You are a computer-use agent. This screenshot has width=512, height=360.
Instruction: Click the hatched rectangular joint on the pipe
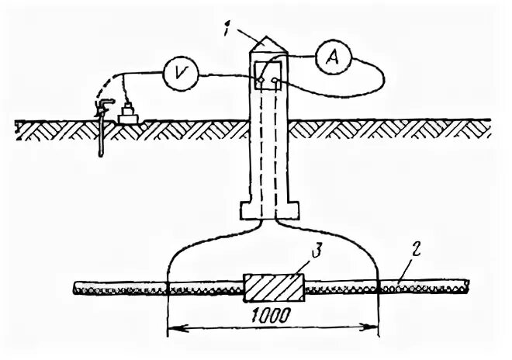(x=274, y=288)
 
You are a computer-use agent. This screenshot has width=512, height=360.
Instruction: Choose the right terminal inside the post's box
(x=275, y=80)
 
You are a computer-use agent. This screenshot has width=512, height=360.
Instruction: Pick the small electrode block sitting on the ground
(x=128, y=114)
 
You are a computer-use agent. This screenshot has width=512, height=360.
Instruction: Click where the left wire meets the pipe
(x=169, y=289)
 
